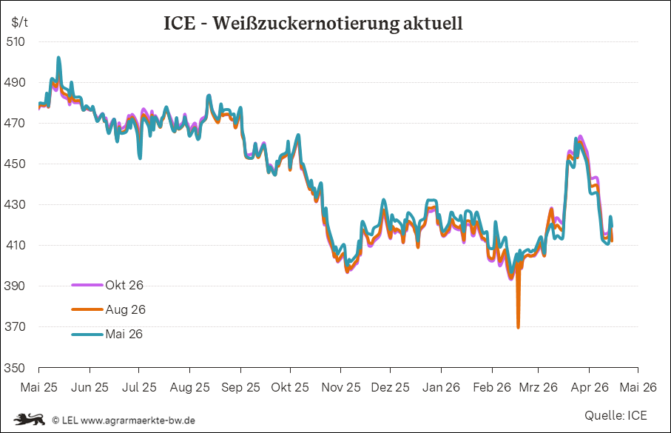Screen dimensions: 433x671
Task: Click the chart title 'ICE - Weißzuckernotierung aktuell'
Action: (313, 23)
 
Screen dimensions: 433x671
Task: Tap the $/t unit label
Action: (20, 22)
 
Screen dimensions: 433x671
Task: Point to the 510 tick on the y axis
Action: (16, 41)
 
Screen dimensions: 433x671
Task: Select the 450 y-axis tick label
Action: (16, 164)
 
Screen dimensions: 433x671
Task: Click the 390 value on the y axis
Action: (16, 286)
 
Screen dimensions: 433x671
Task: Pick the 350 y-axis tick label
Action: (16, 367)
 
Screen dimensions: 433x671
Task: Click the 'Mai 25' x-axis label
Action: (38, 387)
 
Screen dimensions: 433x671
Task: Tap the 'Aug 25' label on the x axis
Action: (189, 387)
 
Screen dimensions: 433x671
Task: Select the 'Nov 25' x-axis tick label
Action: (340, 387)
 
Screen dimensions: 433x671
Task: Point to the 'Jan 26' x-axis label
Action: (441, 387)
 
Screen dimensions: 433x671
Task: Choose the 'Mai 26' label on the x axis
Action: (638, 387)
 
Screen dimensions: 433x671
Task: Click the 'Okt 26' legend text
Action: (124, 285)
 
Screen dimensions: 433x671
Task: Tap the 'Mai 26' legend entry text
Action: (124, 334)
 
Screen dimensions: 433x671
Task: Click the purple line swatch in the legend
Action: (87, 285)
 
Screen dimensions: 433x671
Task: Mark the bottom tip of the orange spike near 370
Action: (518, 327)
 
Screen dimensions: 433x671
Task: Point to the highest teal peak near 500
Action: (58, 57)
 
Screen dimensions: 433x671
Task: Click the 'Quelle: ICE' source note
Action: (615, 415)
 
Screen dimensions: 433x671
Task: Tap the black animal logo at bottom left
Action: (28, 420)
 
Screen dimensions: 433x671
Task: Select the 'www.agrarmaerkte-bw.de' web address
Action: (138, 420)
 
